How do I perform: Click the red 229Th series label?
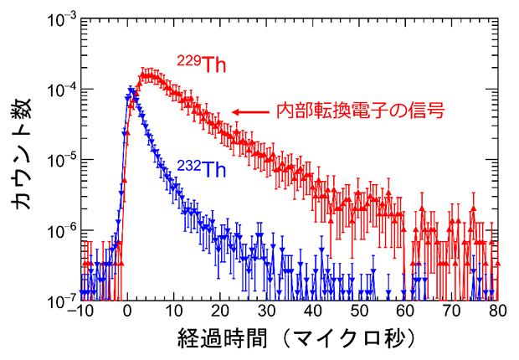[201, 64]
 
